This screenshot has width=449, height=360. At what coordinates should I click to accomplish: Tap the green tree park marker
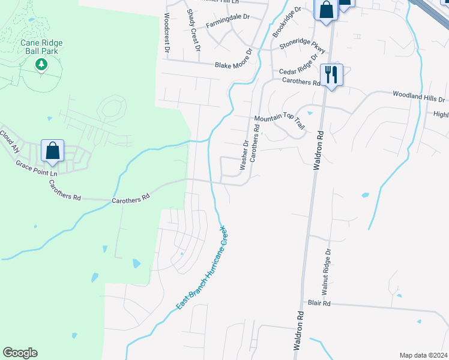(41, 64)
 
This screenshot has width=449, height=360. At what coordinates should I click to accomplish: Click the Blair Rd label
(319, 304)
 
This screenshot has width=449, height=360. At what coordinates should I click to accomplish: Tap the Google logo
(20, 353)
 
